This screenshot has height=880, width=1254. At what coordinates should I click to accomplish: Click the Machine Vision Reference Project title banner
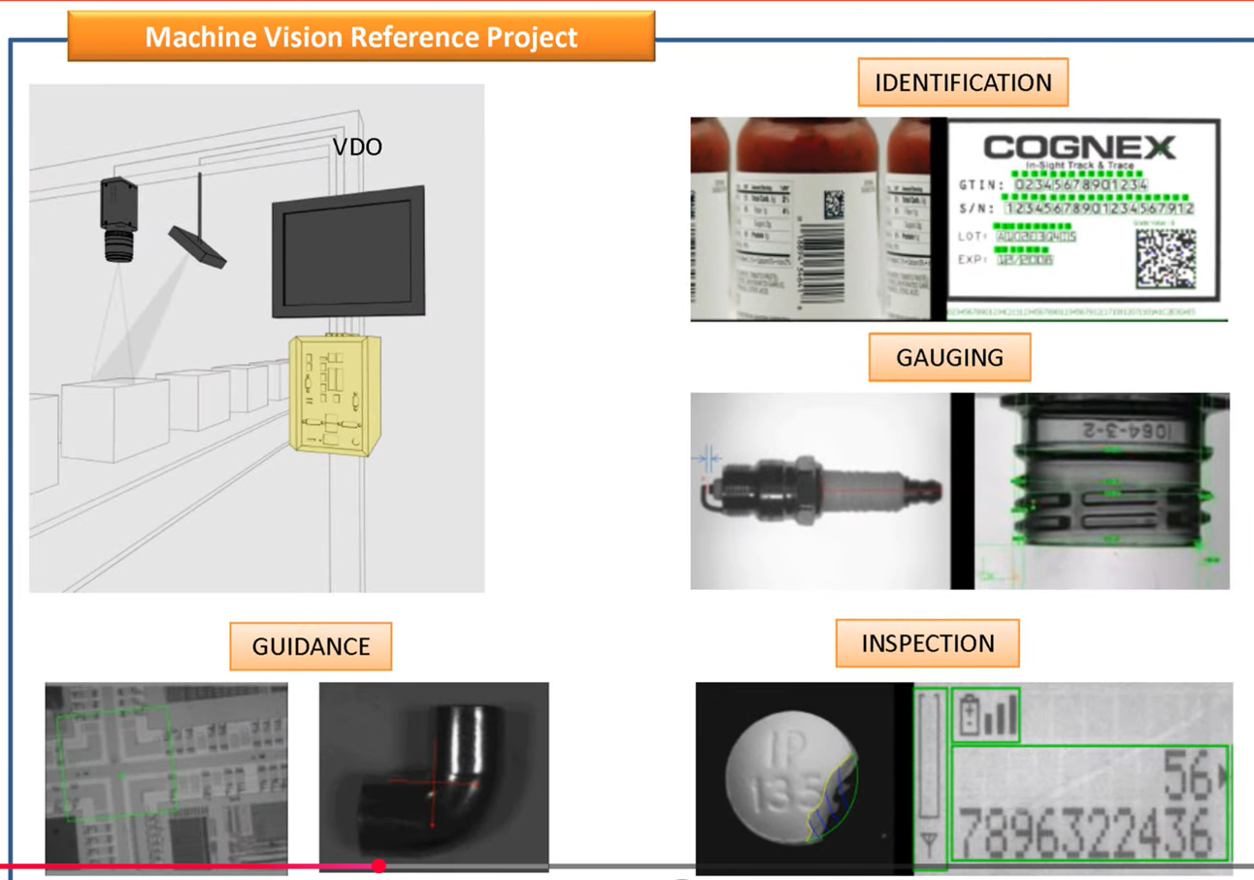[361, 37]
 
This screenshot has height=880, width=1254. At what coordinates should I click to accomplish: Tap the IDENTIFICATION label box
[962, 82]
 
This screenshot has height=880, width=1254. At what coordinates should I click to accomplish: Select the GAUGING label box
[949, 357]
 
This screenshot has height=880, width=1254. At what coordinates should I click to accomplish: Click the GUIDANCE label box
[311, 646]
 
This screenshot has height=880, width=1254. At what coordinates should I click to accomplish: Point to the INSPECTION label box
[927, 643]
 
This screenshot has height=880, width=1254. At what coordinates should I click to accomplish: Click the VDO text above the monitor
[357, 147]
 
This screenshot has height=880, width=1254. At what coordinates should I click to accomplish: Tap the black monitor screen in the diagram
[347, 252]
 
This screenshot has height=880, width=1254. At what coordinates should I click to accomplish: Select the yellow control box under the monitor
[333, 392]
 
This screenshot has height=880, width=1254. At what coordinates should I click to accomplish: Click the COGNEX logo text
[1078, 147]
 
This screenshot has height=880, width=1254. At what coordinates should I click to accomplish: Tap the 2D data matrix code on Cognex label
[1165, 259]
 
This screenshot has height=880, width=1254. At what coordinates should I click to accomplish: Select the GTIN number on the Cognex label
[1080, 184]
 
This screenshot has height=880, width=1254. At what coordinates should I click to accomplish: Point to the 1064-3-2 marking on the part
[1126, 429]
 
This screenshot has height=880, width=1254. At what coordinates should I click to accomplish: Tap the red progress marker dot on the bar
[379, 865]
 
